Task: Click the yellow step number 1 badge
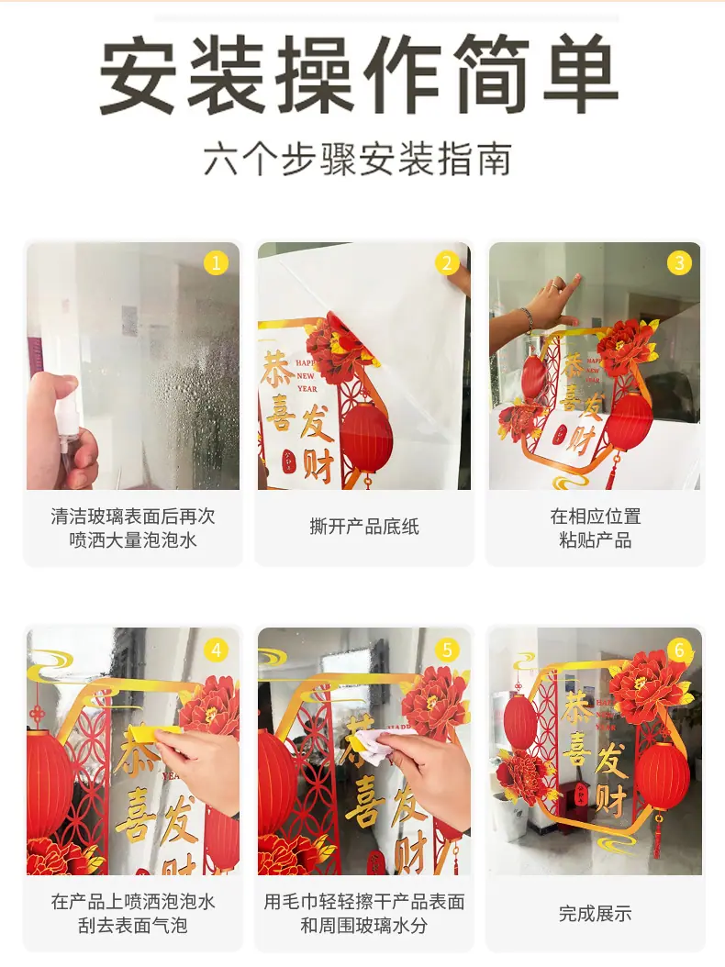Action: [x=216, y=264]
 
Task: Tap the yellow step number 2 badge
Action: [x=447, y=263]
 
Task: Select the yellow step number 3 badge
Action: [x=679, y=263]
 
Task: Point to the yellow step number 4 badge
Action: [x=216, y=650]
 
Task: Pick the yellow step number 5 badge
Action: [x=447, y=650]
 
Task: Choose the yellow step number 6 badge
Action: [x=679, y=650]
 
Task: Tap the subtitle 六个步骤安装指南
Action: [x=357, y=160]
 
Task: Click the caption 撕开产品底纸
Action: [x=364, y=528]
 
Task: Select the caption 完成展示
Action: [x=596, y=914]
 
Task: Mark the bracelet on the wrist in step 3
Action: [x=528, y=321]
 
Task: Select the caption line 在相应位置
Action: [x=596, y=517]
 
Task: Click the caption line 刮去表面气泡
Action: [x=133, y=926]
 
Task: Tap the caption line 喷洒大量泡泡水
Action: [x=133, y=540]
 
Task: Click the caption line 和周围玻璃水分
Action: [x=364, y=926]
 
